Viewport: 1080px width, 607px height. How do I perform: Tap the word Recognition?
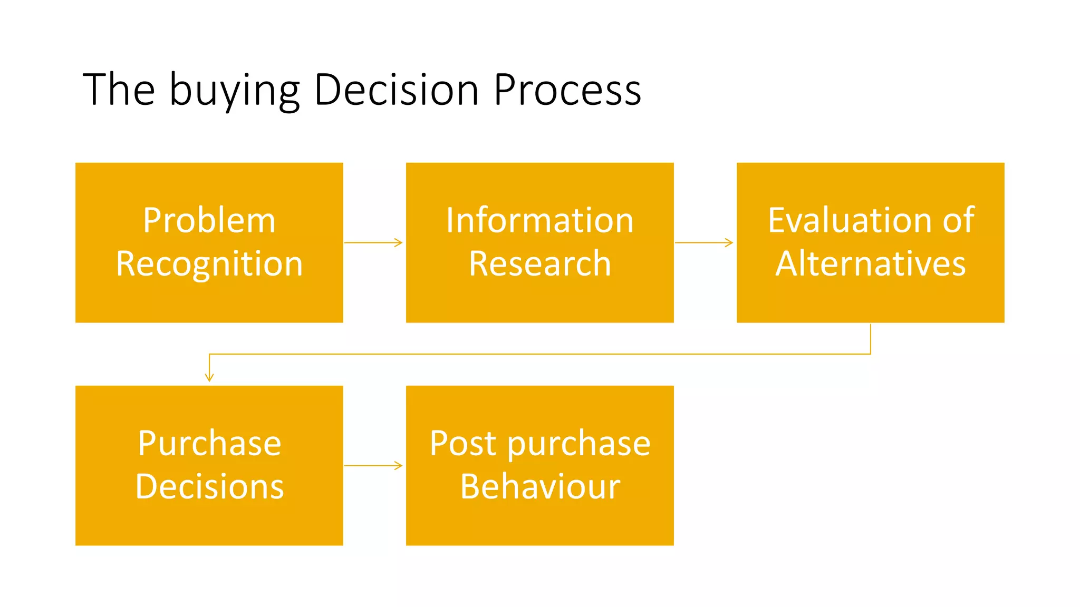[x=209, y=264]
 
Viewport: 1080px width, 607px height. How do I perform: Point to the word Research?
[x=539, y=263]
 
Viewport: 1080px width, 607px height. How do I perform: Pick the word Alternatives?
[x=870, y=263]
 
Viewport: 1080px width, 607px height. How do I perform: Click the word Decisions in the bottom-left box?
[x=209, y=486]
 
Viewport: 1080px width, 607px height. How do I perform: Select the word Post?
[x=462, y=444]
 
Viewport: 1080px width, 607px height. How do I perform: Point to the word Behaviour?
[x=539, y=486]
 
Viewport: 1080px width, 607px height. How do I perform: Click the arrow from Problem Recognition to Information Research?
[x=373, y=242]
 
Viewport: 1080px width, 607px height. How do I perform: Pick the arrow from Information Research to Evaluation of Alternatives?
[x=704, y=242]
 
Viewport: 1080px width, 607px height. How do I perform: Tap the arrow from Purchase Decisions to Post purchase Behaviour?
[x=373, y=465]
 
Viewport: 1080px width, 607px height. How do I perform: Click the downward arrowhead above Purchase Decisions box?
[x=209, y=376]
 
